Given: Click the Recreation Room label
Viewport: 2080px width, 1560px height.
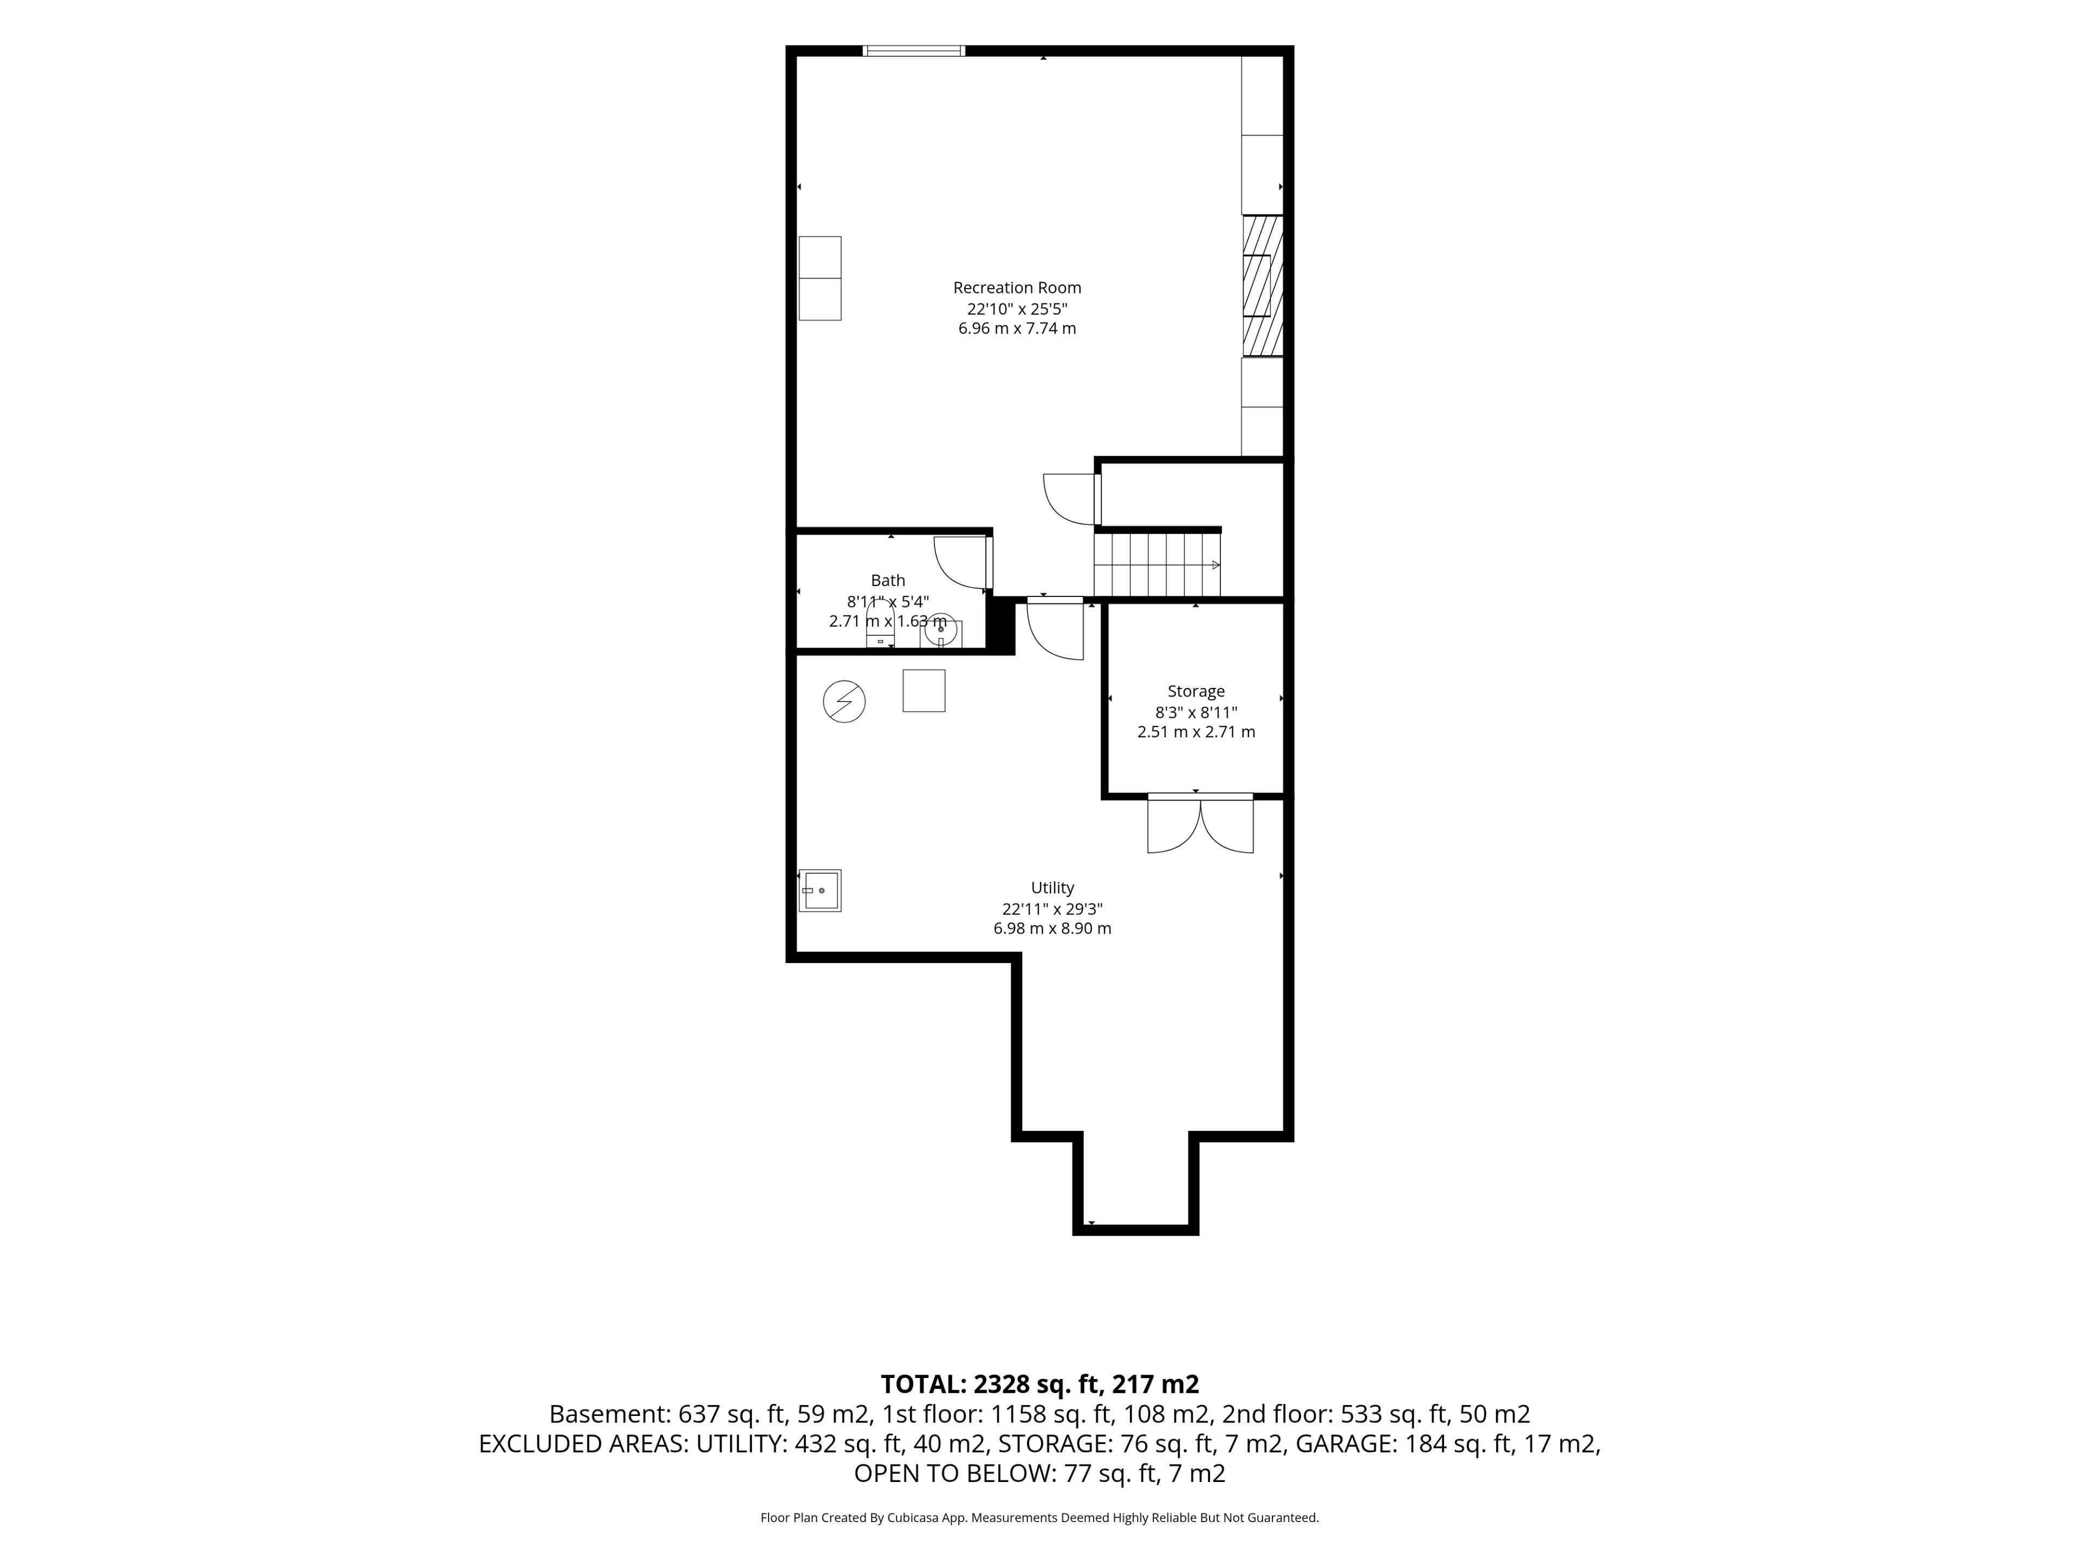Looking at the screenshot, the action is [1017, 288].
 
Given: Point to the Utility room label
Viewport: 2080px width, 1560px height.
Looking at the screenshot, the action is [1052, 888].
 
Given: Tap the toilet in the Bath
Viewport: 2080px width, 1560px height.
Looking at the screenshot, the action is [880, 625].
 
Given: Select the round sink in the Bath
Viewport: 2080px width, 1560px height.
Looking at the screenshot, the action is [940, 630].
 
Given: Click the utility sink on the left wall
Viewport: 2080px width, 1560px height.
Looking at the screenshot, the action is [820, 890].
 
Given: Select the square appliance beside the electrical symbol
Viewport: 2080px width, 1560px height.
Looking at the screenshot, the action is [924, 690].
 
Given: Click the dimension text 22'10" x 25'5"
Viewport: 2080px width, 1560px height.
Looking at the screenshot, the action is [1017, 308].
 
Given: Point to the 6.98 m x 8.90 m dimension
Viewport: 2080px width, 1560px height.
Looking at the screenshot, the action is [1052, 928].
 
